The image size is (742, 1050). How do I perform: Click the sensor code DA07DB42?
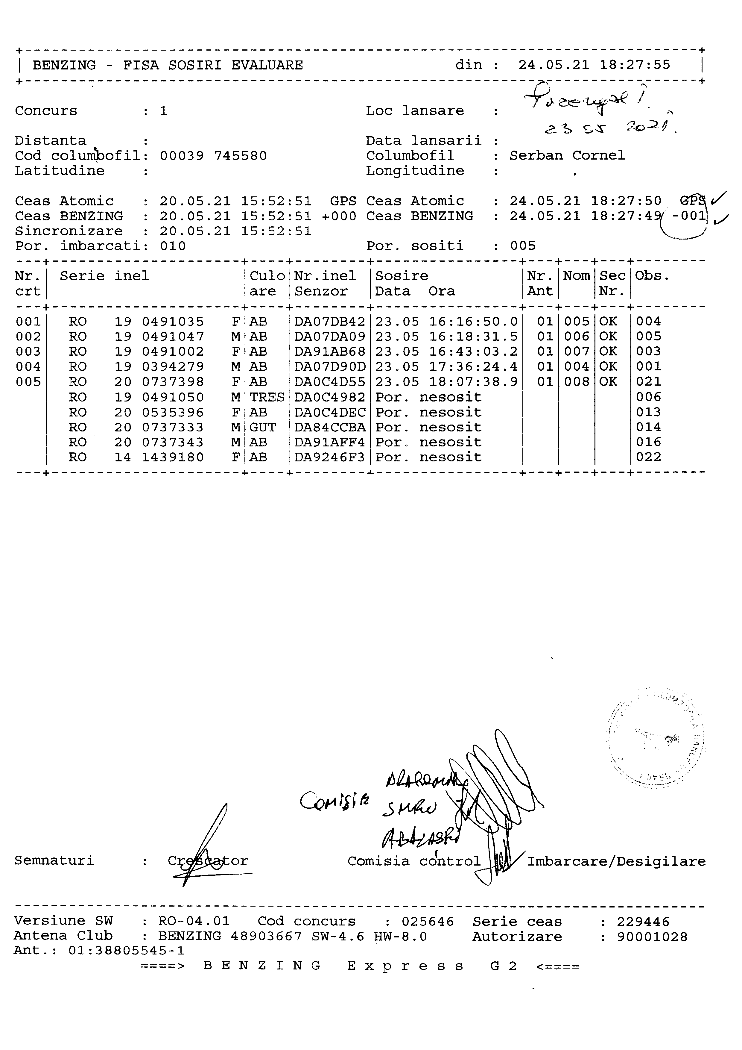(329, 322)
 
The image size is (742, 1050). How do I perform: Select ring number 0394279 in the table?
(173, 367)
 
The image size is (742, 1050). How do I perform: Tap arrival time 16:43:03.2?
(473, 352)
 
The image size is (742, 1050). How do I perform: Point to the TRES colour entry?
(267, 397)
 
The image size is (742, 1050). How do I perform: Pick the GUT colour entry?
(263, 427)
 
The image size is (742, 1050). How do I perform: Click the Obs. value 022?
(648, 457)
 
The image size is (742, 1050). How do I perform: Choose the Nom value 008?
(577, 382)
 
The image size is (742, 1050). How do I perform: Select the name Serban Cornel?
(567, 155)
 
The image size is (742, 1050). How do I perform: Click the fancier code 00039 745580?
(213, 156)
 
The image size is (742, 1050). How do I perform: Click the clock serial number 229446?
(643, 922)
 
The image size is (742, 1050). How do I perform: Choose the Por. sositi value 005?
(523, 246)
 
